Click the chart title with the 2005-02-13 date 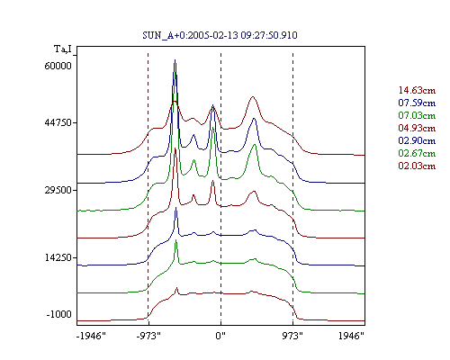(x=220, y=35)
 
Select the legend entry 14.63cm (x=417, y=90)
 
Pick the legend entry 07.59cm (x=417, y=103)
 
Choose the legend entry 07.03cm (x=417, y=115)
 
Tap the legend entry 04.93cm (x=417, y=128)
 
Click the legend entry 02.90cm (x=417, y=140)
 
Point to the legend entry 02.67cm (x=417, y=153)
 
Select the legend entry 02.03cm (x=417, y=166)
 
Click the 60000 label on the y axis (x=58, y=66)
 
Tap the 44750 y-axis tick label (x=58, y=122)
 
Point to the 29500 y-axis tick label (x=58, y=190)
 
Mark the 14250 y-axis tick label (x=58, y=257)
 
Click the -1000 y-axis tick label (x=59, y=314)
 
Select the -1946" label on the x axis (x=91, y=336)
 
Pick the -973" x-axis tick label (x=148, y=336)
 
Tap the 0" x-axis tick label (x=220, y=336)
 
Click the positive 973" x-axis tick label (x=292, y=336)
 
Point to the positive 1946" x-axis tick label (x=351, y=336)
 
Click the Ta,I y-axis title (x=63, y=49)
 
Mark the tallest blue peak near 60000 (x=175, y=60)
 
